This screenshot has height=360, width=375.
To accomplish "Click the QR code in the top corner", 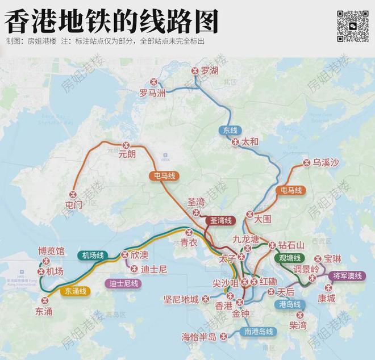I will (353, 26).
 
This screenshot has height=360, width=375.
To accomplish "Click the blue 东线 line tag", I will (230, 130).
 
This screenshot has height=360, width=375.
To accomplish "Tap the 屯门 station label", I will (74, 205).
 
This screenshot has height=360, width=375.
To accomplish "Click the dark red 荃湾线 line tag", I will (217, 220).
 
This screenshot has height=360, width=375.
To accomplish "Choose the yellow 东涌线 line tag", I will (76, 291).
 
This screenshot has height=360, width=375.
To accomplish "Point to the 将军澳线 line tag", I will (347, 276).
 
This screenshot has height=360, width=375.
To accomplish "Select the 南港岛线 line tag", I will (259, 332).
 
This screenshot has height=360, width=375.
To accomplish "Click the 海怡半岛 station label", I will (199, 337).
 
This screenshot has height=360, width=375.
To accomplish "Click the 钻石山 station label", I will (291, 245).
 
